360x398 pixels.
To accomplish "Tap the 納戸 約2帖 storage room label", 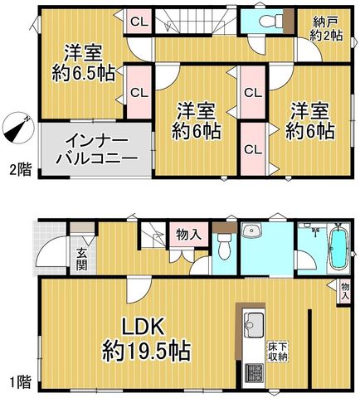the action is point(326,29).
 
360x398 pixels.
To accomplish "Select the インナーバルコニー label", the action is point(97,149).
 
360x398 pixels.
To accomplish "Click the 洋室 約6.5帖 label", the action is point(84,63).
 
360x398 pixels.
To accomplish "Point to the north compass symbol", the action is point(17,128).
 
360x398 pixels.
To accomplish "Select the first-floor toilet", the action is point(224,246).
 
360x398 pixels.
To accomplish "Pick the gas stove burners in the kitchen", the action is point(254,373).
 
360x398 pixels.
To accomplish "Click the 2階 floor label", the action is point(21,169).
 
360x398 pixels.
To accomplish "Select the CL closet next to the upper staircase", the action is point(139,22).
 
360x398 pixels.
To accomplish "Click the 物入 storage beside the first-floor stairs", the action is point(188,235).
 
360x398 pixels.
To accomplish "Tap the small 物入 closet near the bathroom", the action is point(345,291).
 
